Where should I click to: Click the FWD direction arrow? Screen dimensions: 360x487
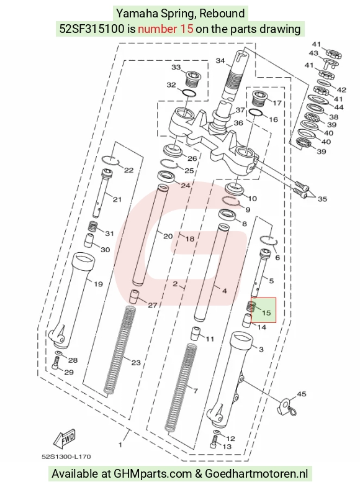65,439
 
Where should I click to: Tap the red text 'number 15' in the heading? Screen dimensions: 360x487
165,29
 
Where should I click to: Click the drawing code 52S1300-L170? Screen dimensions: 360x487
66,457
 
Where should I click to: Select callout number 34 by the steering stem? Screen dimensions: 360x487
220,61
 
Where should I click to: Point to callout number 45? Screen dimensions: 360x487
302,394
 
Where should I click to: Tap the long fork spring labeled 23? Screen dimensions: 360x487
119,352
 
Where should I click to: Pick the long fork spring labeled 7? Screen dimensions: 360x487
181,388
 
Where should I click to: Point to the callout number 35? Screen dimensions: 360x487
322,199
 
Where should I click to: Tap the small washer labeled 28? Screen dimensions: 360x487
58,354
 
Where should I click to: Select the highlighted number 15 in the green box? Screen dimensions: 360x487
266,312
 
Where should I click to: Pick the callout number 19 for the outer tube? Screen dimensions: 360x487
98,284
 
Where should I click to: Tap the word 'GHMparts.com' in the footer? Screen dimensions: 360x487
153,474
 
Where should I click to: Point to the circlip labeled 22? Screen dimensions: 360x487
110,159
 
